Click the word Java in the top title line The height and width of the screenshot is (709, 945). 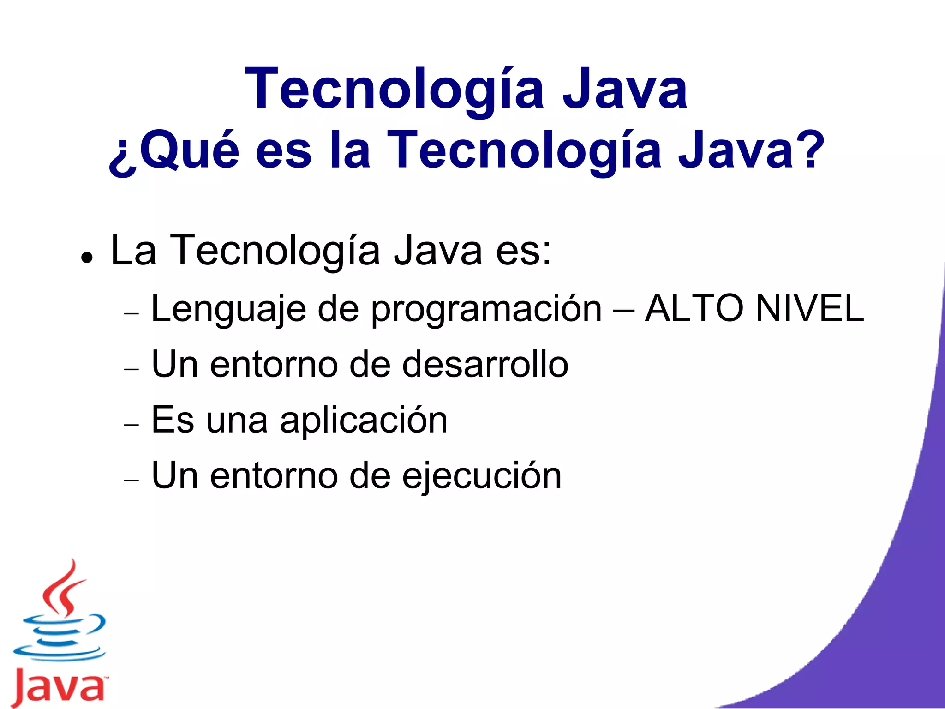(625, 89)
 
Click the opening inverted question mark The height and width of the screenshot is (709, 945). (123, 157)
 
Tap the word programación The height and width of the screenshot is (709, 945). (487, 309)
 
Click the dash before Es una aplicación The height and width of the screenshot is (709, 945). (132, 424)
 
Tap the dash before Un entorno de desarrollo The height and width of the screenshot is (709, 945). (132, 369)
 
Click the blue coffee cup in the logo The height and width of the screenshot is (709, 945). (60, 637)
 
